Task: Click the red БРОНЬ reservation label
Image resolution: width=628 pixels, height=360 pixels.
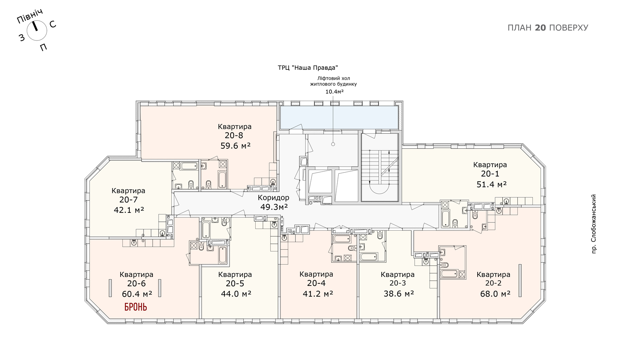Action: coord(136,307)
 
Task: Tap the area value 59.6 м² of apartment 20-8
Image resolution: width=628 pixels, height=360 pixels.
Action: coord(235,146)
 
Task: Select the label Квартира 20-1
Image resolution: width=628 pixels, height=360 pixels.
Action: coord(490,169)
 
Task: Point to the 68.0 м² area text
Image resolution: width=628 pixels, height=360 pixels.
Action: coord(495,294)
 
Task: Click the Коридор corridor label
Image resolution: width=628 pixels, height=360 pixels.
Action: coord(274,197)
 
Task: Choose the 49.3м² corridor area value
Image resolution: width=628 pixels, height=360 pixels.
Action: coord(274,207)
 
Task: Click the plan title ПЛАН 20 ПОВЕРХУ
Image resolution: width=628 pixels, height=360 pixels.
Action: coord(548,28)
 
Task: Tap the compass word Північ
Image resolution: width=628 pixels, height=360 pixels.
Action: coord(30,16)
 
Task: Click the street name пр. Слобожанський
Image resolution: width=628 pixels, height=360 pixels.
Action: coord(594,224)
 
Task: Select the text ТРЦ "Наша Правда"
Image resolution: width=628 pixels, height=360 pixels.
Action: coord(308,68)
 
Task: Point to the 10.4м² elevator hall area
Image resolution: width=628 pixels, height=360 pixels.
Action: coord(334,92)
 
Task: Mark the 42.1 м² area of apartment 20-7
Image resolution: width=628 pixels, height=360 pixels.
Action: coord(129,210)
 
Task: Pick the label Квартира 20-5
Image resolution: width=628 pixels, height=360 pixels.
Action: coord(235,279)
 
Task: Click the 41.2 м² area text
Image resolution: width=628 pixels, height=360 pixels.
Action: coord(318,294)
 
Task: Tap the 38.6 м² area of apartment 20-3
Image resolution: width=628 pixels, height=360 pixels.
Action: coord(399,294)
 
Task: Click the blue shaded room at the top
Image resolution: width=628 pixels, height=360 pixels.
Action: coord(339,117)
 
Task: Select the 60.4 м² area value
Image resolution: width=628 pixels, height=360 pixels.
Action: coord(137,294)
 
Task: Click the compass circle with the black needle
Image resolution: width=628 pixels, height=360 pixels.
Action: coord(37,30)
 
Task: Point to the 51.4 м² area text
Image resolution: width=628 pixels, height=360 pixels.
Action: coord(492,184)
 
